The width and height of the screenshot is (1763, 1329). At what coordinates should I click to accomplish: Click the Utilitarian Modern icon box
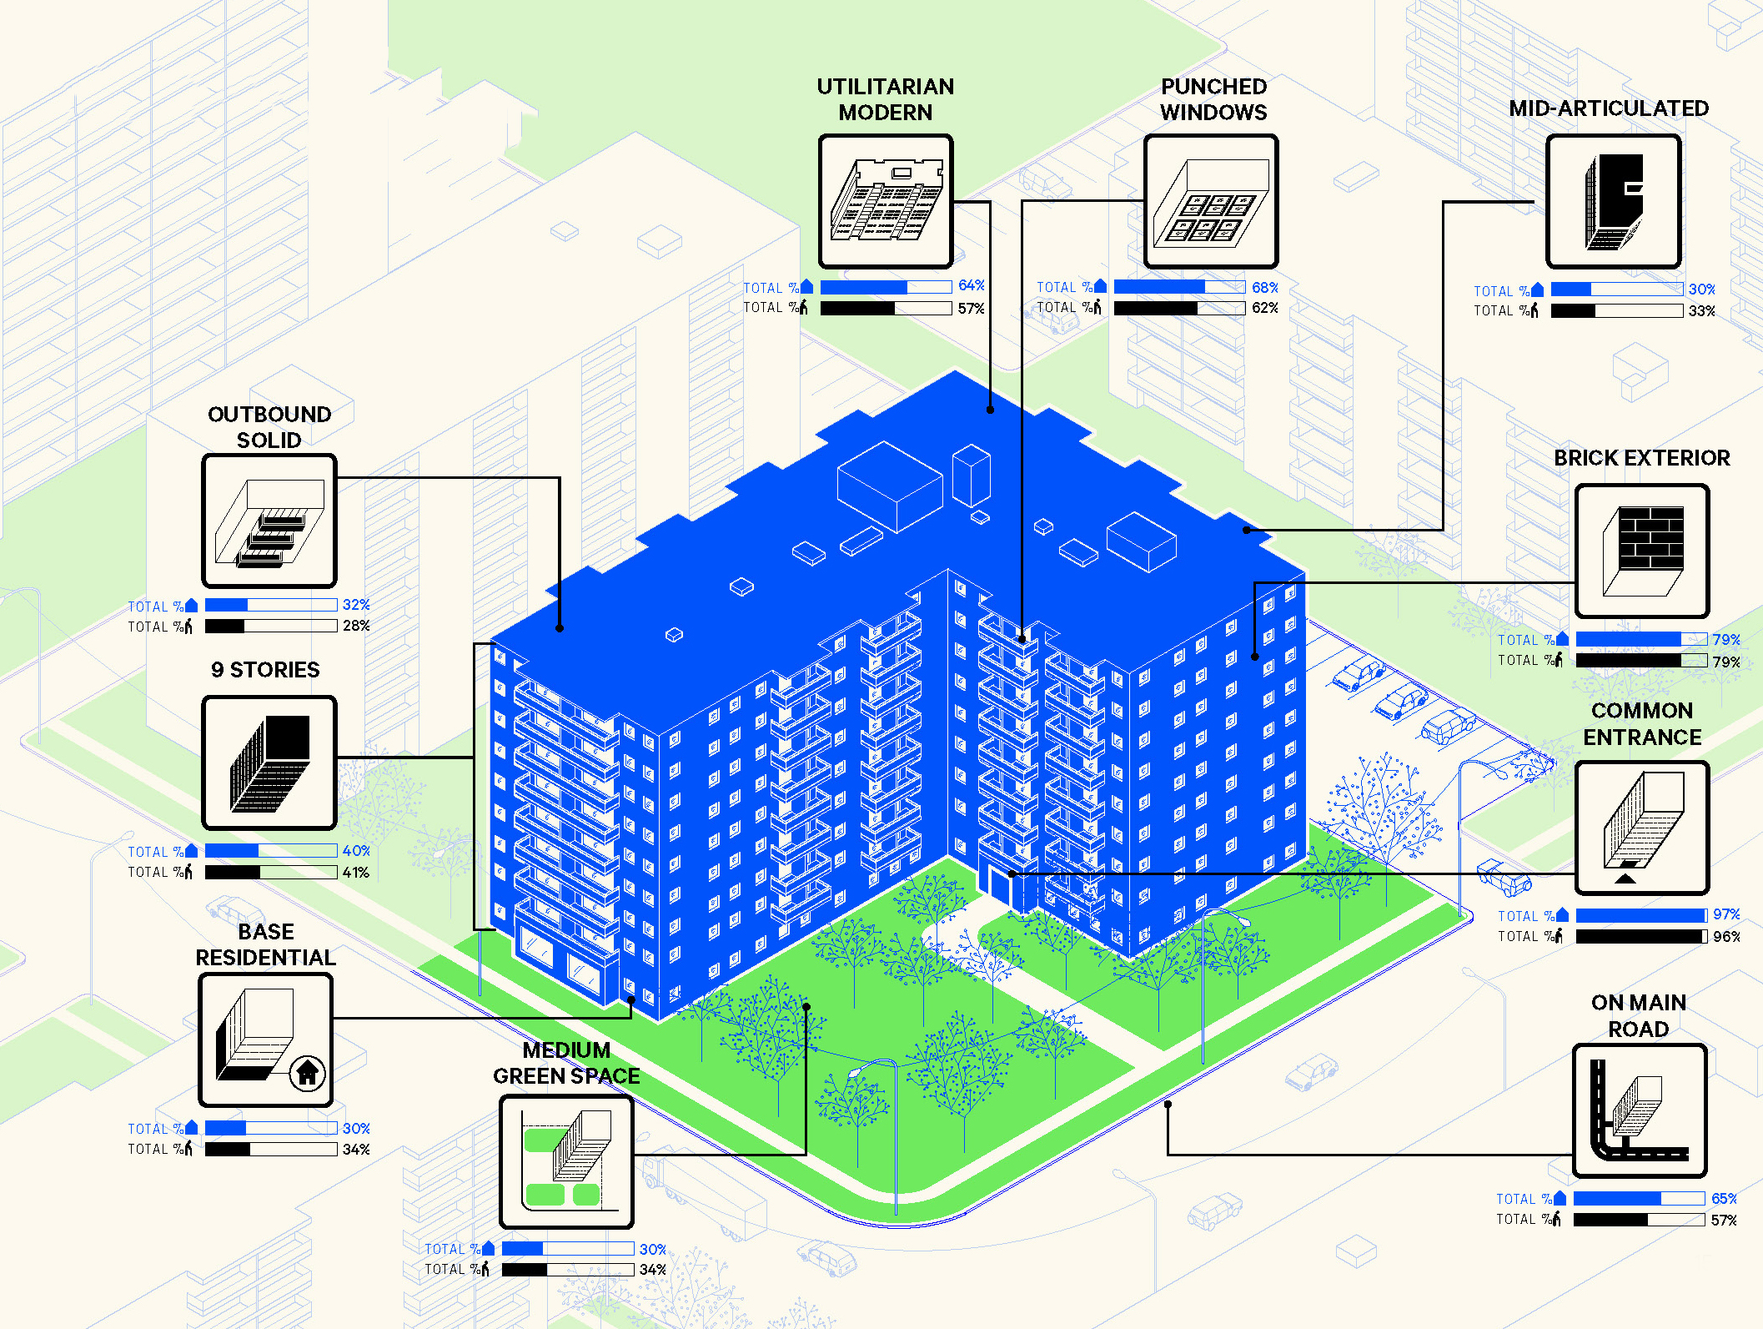point(886,201)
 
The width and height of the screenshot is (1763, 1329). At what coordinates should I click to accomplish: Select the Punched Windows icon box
point(1211,201)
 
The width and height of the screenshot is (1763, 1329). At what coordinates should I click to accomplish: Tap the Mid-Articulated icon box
point(1613,201)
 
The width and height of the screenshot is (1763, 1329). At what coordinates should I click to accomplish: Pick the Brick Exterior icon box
point(1641,551)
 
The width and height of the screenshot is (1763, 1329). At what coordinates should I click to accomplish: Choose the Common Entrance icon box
point(1641,828)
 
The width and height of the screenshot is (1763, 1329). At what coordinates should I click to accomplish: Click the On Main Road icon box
point(1639,1110)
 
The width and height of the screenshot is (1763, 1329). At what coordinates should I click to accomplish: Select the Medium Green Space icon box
point(566,1161)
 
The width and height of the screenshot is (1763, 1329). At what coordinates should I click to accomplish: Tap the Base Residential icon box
point(266,1040)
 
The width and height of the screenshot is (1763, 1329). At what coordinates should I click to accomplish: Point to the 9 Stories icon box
point(269,763)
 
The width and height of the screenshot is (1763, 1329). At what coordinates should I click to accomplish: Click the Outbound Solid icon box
point(269,521)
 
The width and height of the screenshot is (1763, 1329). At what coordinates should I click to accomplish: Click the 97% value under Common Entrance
point(1725,914)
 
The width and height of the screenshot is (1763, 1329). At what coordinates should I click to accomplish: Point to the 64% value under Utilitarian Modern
point(971,286)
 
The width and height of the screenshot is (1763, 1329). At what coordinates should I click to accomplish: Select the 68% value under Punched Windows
point(1264,288)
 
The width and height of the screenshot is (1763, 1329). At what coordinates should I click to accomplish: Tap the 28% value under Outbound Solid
point(356,626)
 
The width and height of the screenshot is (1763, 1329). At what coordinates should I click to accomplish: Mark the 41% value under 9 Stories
point(356,873)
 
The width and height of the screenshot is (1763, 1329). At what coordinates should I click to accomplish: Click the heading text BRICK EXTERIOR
point(1641,458)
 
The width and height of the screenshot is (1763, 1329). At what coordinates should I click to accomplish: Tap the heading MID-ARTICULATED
point(1609,108)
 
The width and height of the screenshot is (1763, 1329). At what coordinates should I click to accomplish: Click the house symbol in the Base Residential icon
point(308,1072)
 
